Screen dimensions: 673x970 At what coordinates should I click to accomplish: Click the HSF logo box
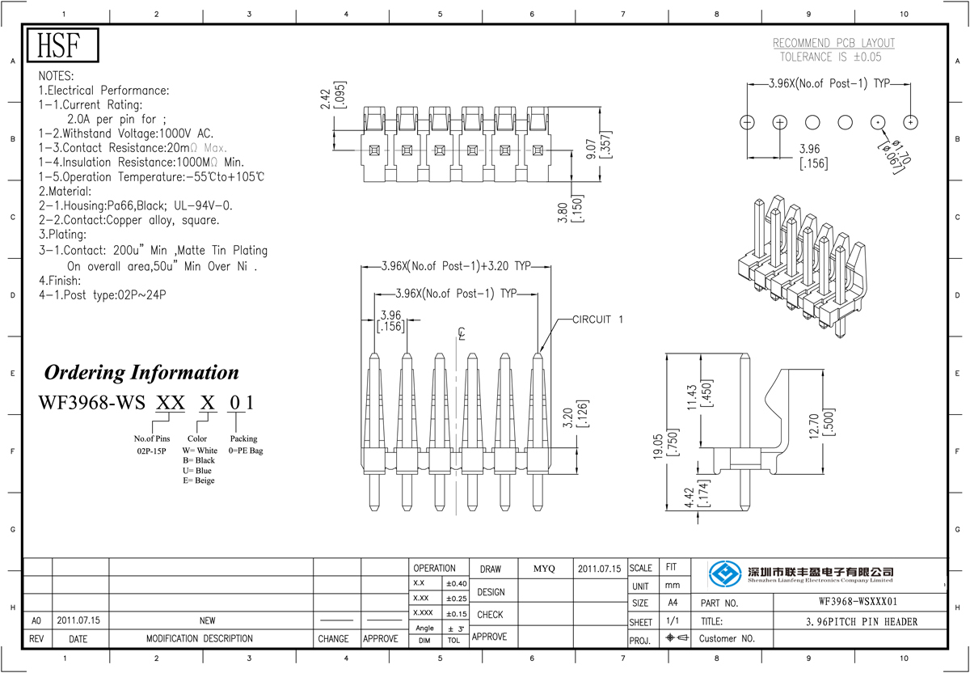[x=63, y=46]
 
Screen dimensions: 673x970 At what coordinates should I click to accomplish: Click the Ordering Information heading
[x=141, y=373]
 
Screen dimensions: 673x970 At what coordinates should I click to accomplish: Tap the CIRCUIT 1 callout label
[x=597, y=320]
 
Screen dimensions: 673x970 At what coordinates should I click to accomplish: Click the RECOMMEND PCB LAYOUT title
[x=833, y=43]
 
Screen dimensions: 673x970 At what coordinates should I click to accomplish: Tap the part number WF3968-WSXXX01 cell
[x=858, y=603]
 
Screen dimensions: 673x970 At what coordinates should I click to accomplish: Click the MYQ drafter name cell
[x=544, y=569]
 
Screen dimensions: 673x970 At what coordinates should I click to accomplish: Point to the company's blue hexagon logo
[x=725, y=574]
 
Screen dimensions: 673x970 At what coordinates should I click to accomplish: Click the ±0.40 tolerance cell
[x=456, y=583]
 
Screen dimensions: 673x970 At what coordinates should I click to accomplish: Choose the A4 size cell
[x=673, y=603]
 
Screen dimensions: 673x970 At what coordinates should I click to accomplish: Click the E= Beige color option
[x=199, y=480]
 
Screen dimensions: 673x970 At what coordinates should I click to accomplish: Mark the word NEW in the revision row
[x=207, y=620]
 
